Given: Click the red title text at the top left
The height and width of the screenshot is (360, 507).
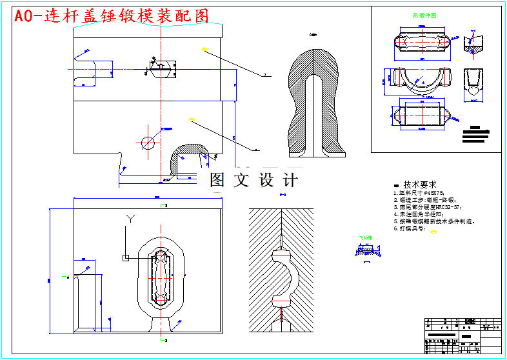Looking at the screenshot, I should (x=111, y=17).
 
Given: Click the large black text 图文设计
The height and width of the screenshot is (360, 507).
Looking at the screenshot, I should (x=253, y=181).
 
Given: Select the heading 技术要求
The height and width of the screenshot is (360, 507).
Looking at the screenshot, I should (x=419, y=185).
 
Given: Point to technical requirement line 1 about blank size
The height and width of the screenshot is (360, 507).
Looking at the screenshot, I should (x=419, y=193).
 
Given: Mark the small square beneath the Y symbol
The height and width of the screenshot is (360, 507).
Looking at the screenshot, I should (x=126, y=258).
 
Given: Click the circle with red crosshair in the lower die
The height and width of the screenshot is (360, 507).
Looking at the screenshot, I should (x=149, y=143).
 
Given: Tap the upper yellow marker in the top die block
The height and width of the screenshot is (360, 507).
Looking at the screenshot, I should (x=204, y=48).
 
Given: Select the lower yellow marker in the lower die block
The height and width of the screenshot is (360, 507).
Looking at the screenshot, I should (x=191, y=119).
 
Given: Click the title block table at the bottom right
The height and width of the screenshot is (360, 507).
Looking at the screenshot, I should (x=462, y=334).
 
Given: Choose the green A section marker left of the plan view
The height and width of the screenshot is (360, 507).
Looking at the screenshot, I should (x=68, y=277).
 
